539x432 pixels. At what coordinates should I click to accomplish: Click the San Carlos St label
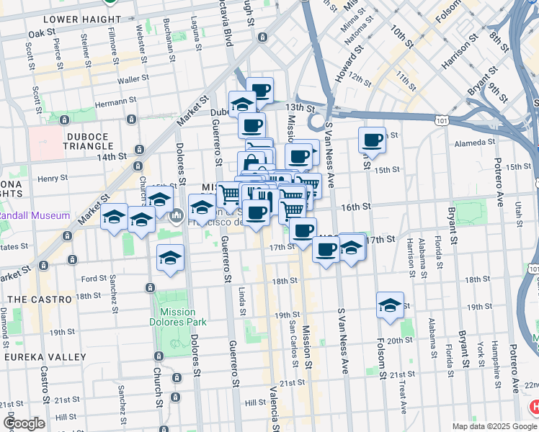pyautogui.click(x=292, y=337)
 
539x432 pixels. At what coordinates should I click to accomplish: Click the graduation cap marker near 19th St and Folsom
pyautogui.click(x=390, y=305)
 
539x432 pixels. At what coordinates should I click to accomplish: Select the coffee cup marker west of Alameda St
pyautogui.click(x=373, y=140)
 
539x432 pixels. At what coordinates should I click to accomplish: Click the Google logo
pyautogui.click(x=25, y=423)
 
